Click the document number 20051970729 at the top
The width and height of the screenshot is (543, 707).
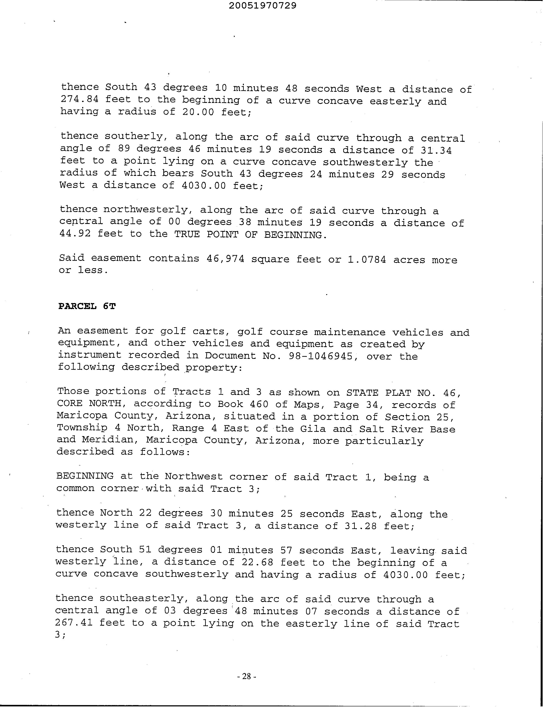pyautogui.click(x=263, y=6)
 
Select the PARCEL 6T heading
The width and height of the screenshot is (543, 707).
pyautogui.click(x=87, y=306)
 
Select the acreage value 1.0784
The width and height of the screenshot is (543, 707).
pyautogui.click(x=366, y=260)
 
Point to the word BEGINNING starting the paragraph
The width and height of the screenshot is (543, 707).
pyautogui.click(x=85, y=476)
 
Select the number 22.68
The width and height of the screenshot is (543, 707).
pyautogui.click(x=257, y=562)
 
